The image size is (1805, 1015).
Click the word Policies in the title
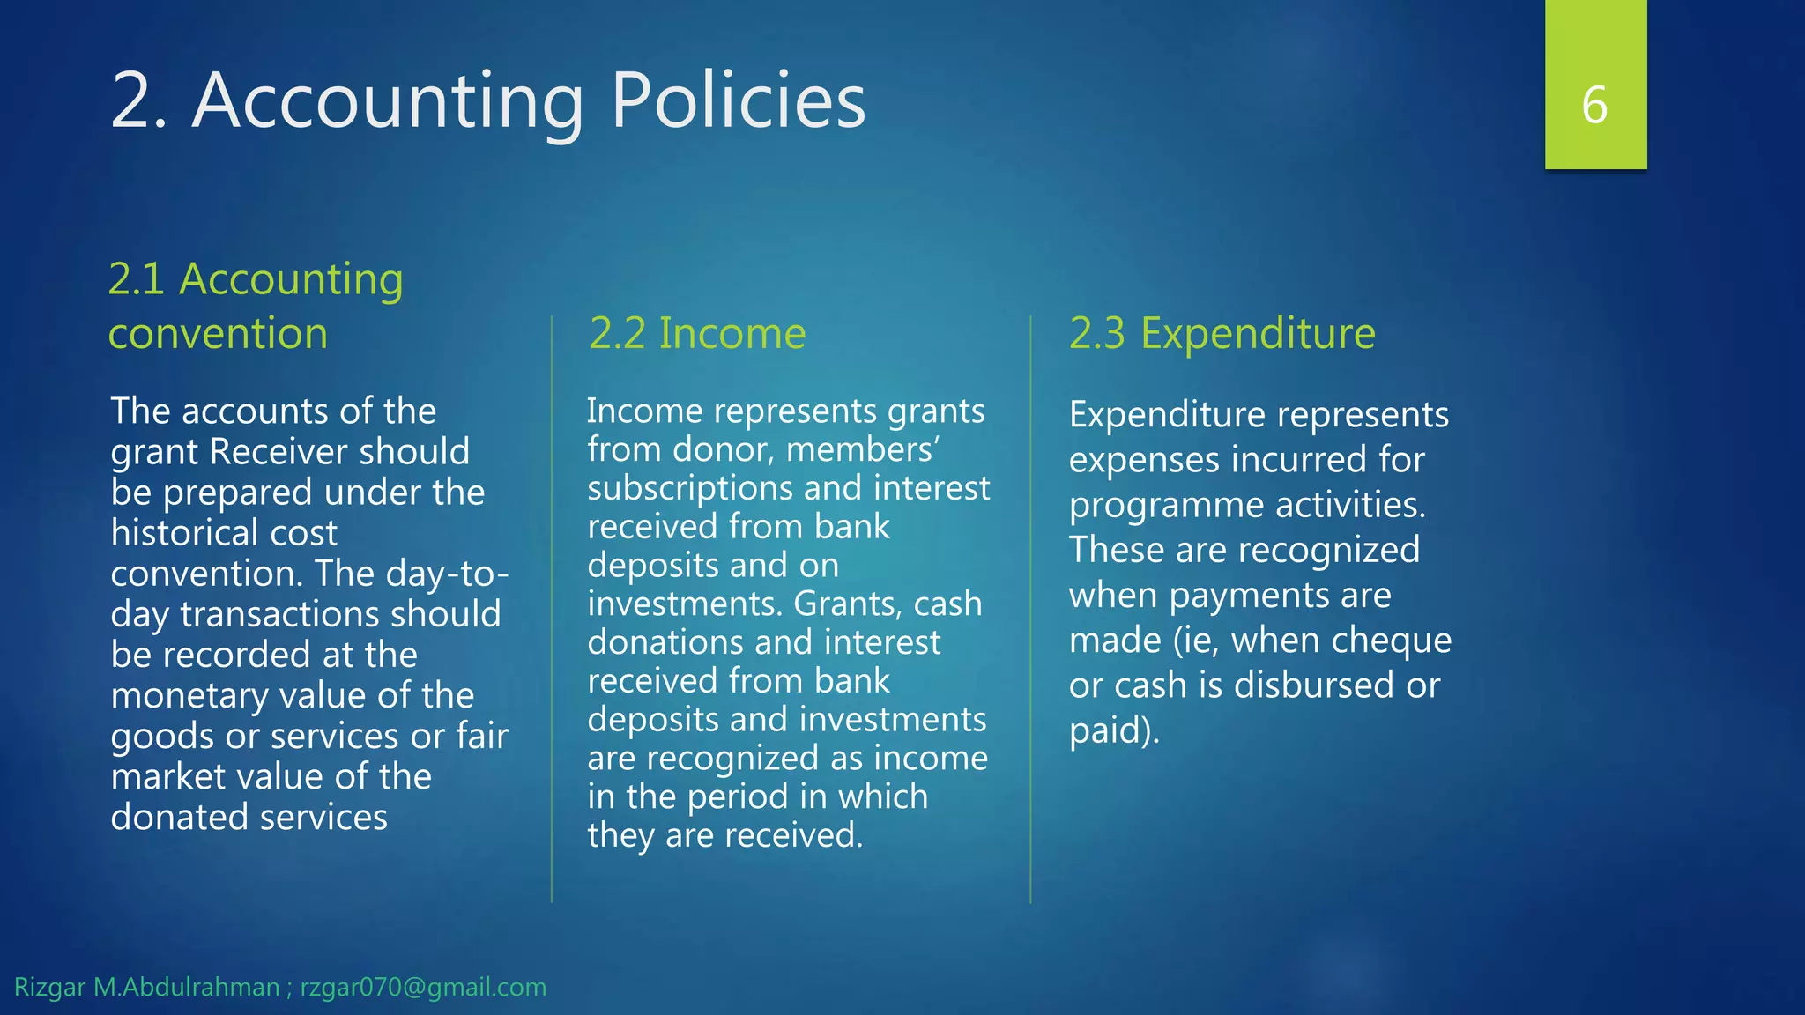(x=738, y=100)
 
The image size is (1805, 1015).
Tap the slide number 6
(x=1594, y=105)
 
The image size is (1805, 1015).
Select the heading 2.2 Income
(x=697, y=333)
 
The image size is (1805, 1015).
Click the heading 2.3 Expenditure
(x=1222, y=333)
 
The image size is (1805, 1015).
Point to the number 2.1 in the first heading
(x=137, y=279)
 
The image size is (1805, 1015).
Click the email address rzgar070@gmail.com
(x=423, y=987)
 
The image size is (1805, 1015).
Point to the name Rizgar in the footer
(x=49, y=987)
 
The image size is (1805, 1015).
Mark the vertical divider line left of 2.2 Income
(x=552, y=608)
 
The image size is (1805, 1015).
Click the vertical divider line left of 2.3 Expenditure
(x=1030, y=608)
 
